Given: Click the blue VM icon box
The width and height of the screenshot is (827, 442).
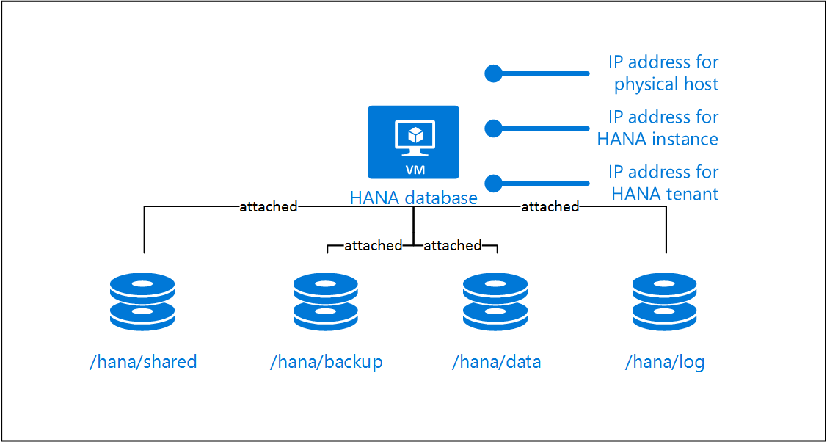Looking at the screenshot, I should coord(413,142).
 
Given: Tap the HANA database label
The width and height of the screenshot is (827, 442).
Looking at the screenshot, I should coord(413,198).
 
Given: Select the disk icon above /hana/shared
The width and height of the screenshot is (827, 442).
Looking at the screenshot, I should coord(142,302).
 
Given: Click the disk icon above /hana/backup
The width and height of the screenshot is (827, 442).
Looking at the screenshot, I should coord(325,302).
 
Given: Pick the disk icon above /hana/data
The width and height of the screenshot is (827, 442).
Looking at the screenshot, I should coord(495,302).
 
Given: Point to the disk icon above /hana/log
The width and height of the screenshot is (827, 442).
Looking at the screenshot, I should coord(665,302).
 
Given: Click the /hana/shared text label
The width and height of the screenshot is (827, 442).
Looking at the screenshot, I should coord(143,361).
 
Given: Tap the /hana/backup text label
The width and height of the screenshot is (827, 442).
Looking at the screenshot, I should coord(327,361).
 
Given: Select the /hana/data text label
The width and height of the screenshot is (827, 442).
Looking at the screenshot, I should coord(496,361).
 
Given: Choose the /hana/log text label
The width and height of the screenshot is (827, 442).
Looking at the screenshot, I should coord(665,362).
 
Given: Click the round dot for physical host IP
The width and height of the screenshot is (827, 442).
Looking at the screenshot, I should coord(493,73).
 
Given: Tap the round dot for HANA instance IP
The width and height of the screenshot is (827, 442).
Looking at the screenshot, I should coord(493,128).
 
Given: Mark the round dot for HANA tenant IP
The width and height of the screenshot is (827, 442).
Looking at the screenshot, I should coord(493,183).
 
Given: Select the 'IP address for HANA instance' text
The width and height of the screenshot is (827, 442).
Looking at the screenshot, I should coord(658,128).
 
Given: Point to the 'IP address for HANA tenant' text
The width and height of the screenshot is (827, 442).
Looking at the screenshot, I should coord(663,183).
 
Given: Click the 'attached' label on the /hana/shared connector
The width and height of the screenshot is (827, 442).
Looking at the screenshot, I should coord(269,207).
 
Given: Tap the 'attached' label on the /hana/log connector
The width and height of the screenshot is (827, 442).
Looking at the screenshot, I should coord(550,207).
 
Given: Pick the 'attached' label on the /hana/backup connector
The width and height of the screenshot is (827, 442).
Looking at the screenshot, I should coord(373,246).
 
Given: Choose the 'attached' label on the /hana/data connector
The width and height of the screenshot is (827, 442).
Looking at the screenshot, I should coord(453,246).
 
